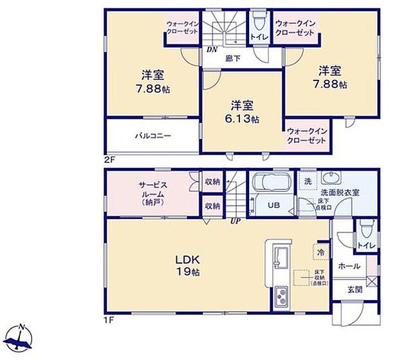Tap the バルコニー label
tap(148, 137)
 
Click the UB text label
tap(274, 205)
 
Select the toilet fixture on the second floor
tap(259, 20)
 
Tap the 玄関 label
tap(355, 289)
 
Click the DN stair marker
tap(210, 49)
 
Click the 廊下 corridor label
tap(232, 58)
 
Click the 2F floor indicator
tap(110, 158)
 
